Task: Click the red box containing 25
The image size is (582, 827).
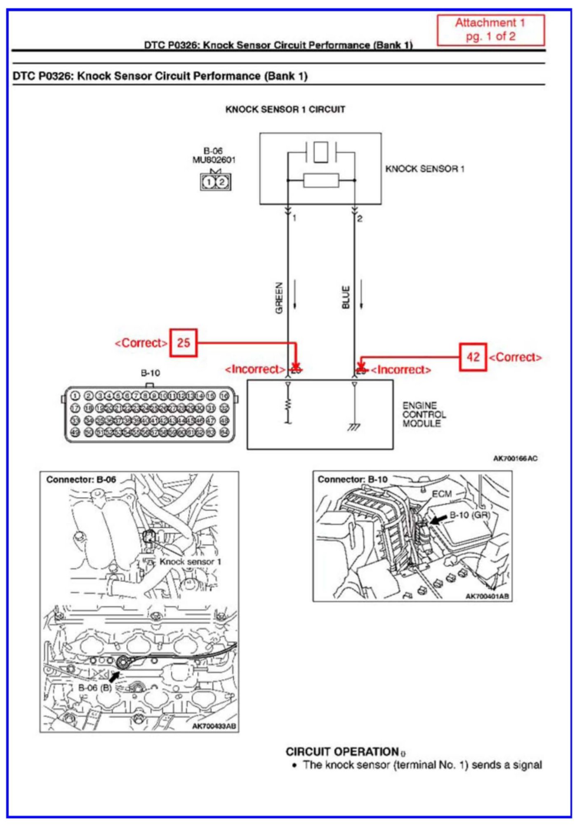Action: click(184, 342)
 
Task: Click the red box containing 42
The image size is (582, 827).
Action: click(473, 357)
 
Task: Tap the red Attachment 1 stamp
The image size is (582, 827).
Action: click(490, 30)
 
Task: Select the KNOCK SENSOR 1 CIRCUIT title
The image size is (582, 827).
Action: click(285, 110)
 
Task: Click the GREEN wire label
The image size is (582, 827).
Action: click(279, 298)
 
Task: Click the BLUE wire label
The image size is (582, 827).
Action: click(346, 297)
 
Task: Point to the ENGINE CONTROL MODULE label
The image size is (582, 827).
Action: click(424, 414)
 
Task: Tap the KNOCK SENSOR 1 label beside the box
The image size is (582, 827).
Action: click(424, 169)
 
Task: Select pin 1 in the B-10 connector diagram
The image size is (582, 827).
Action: click(75, 396)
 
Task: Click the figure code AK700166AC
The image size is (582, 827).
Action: click(515, 458)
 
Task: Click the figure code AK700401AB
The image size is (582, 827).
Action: click(488, 596)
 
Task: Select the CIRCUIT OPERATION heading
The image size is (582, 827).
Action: click(342, 752)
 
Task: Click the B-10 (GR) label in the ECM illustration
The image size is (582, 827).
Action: click(469, 515)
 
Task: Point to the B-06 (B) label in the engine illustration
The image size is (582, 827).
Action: click(95, 688)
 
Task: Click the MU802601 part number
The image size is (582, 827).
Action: click(214, 160)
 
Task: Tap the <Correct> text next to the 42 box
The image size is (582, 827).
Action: click(515, 357)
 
